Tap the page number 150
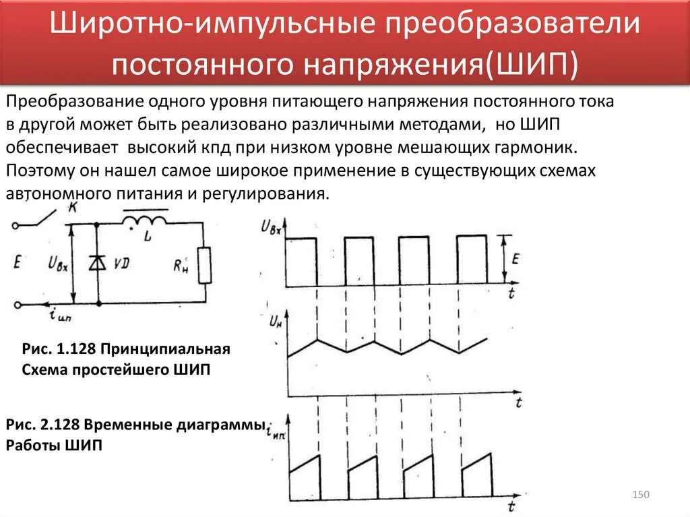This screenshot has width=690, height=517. pyautogui.click(x=640, y=495)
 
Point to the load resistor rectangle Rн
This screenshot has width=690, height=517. pyautogui.click(x=204, y=265)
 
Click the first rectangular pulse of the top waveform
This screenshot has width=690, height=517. pyautogui.click(x=301, y=261)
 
